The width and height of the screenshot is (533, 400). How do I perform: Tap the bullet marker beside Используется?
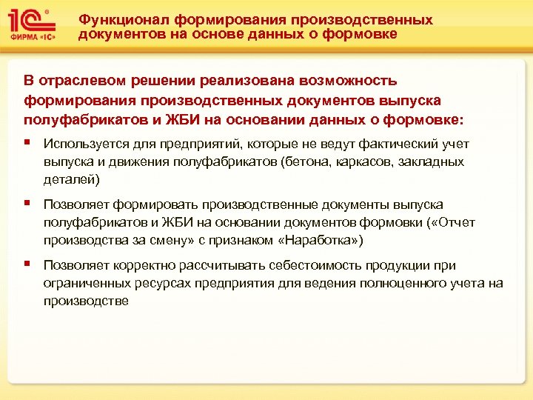point(27,141)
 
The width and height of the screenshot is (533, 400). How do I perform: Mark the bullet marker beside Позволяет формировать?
point(27,202)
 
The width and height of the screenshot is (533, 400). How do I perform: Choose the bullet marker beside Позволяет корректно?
point(27,263)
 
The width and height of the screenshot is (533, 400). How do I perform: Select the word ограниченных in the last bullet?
point(83,283)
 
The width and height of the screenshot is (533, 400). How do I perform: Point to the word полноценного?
point(387,283)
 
